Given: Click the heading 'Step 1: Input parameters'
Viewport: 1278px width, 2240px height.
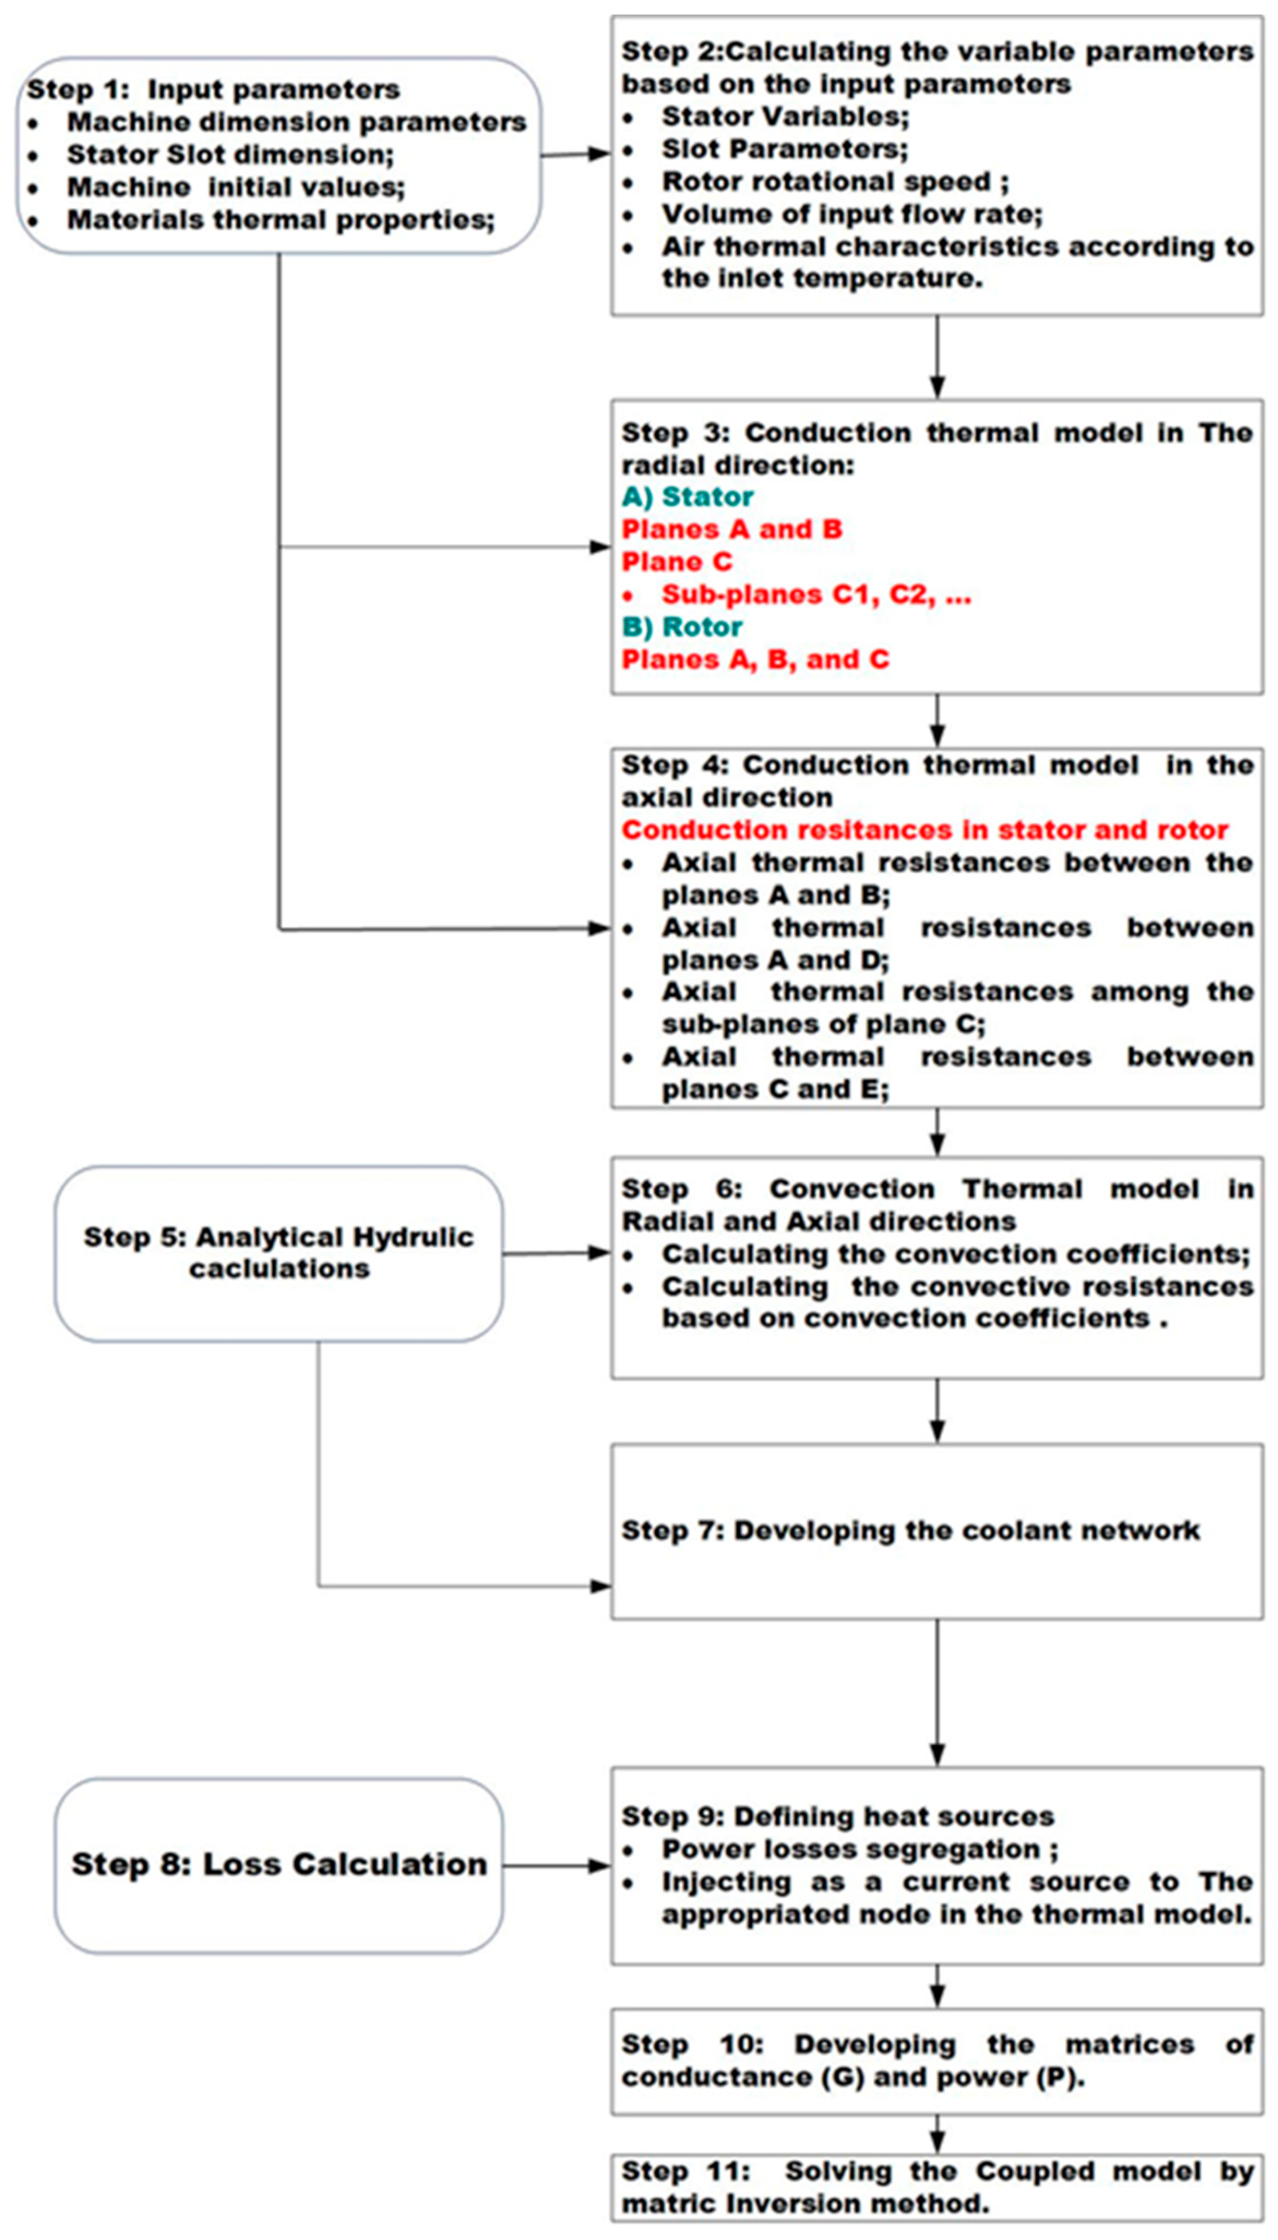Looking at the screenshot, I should point(213,90).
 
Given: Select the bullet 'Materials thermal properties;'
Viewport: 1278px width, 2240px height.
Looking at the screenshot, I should point(281,220).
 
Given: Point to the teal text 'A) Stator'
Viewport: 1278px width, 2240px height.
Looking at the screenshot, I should point(687,497).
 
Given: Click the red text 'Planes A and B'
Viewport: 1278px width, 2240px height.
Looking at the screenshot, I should point(731,530).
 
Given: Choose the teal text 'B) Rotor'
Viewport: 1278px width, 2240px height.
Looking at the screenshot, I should point(682,627).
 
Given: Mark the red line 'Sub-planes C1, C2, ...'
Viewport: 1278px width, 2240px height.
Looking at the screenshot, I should point(816,595).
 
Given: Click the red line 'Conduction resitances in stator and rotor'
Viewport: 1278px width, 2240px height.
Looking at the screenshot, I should point(924,830).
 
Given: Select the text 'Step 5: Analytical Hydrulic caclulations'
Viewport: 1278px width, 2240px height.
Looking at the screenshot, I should point(279,1253).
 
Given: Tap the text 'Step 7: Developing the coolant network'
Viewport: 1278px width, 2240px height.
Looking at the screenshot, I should point(910,1531).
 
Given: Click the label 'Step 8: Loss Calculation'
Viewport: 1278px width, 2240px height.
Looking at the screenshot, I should point(279,1864).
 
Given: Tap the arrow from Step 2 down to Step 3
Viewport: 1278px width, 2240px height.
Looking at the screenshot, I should point(937,356).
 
